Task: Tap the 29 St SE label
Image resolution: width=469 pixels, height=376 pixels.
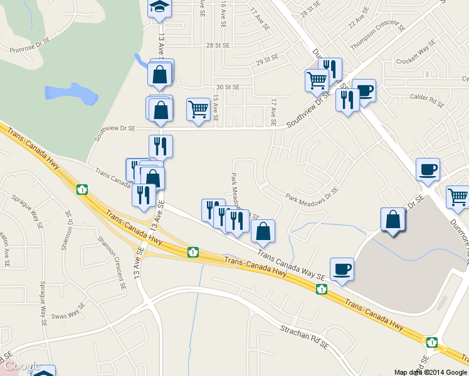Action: tap(267, 60)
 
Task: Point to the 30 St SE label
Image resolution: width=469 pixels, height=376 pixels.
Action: tap(228, 87)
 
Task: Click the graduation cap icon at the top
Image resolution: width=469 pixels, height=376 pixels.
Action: tap(159, 8)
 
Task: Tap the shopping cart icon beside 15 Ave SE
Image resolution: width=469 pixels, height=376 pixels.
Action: tap(199, 110)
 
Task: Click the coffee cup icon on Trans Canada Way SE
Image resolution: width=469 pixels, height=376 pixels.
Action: tap(342, 269)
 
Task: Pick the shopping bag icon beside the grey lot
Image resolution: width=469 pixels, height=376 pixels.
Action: tap(393, 219)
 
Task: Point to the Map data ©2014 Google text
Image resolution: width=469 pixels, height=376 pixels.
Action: tap(429, 372)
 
